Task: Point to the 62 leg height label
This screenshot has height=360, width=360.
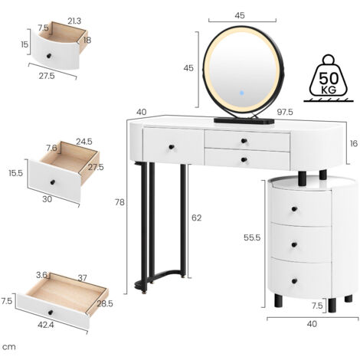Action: (196, 218)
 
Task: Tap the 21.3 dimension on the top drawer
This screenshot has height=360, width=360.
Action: (74, 19)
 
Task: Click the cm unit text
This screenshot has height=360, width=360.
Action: (9, 347)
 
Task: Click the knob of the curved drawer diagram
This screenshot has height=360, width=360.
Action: (51, 58)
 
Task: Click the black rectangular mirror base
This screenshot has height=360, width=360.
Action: (240, 120)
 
